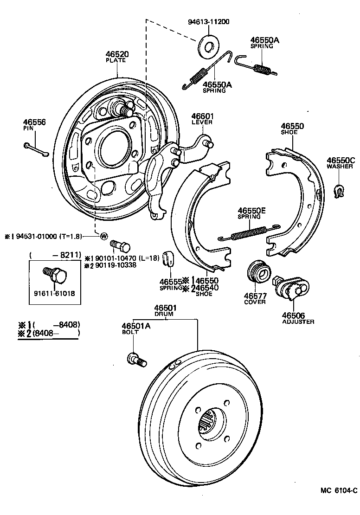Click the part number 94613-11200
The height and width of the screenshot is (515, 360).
[209, 22]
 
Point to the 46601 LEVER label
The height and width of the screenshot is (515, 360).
[202, 119]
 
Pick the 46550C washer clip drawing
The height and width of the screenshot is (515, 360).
[340, 189]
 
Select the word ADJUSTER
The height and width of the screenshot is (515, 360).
[298, 322]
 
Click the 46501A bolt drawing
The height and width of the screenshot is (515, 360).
[136, 359]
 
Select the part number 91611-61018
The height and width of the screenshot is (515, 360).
[54, 293]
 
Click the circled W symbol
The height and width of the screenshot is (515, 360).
[103, 236]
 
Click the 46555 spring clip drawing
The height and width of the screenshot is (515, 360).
[169, 258]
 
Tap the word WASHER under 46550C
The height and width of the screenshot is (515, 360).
[340, 167]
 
